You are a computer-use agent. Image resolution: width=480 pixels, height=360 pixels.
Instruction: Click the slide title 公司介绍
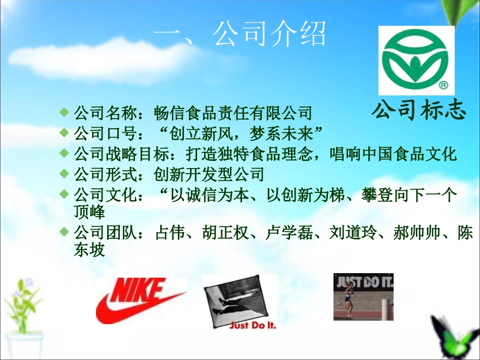click(239, 34)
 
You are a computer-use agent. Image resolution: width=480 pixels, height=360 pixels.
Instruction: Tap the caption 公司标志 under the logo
click(418, 110)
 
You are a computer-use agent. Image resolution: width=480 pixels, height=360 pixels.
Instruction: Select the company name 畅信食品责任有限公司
click(233, 113)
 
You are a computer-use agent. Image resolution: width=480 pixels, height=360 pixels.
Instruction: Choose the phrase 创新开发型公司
click(209, 175)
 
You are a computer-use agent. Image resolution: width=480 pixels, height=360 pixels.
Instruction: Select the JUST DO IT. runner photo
click(363, 296)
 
